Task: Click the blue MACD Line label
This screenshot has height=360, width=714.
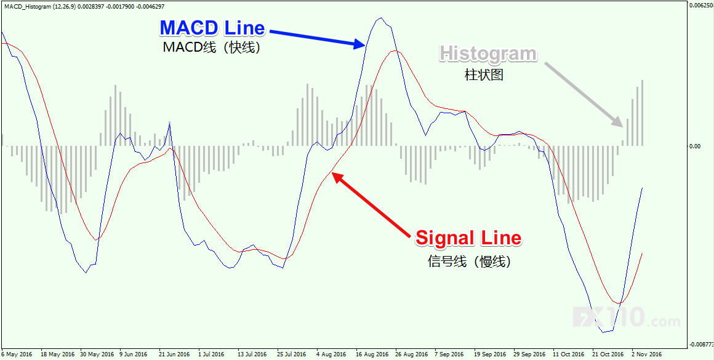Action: coord(212,28)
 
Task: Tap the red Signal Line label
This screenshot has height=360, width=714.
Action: coord(468,238)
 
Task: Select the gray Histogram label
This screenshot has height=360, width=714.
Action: coord(488,54)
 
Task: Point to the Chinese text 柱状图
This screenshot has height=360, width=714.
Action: coord(484,75)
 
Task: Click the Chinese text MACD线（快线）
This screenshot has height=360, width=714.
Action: coord(212,47)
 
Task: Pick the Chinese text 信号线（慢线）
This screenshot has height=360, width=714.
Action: coord(469,261)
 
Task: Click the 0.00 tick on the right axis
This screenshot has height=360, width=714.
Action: coord(694,146)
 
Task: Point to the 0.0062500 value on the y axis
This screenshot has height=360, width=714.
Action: coord(700,6)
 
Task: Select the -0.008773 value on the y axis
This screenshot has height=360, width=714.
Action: coord(700,343)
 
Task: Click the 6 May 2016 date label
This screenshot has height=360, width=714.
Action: coord(17,354)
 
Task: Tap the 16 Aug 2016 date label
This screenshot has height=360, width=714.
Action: coord(372,354)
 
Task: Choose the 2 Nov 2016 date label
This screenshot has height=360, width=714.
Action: coord(646,354)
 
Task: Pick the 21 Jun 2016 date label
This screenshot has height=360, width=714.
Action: coord(174,354)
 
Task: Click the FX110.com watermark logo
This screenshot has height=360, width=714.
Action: coord(627,318)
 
